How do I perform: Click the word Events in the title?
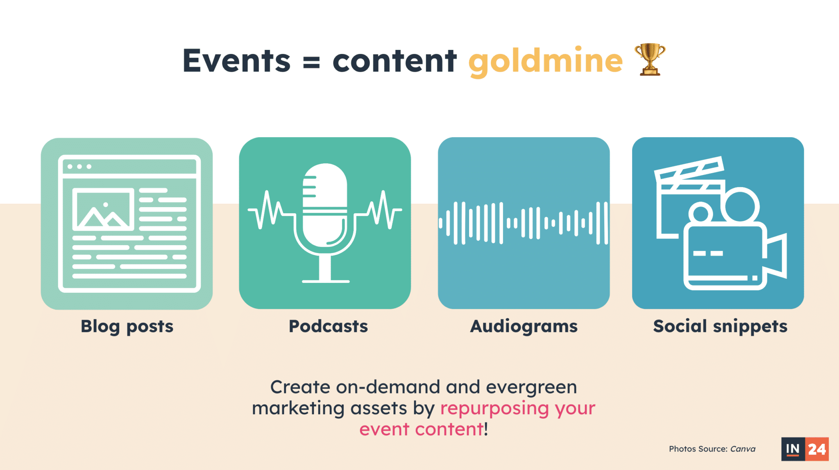pyautogui.click(x=236, y=61)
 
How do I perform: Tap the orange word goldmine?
pyautogui.click(x=545, y=61)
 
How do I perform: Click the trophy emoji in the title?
pyautogui.click(x=650, y=59)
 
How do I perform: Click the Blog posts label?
pyautogui.click(x=127, y=327)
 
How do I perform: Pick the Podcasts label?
pyautogui.click(x=328, y=326)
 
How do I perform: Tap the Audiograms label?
pyautogui.click(x=524, y=327)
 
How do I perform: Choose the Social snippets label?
pyautogui.click(x=720, y=327)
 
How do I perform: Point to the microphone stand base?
pyautogui.click(x=326, y=281)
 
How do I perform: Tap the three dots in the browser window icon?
pyautogui.click(x=79, y=167)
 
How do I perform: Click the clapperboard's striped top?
pyautogui.click(x=689, y=168)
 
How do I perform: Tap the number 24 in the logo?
pyautogui.click(x=817, y=449)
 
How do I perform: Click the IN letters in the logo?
pyautogui.click(x=793, y=449)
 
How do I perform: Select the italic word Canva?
pyautogui.click(x=743, y=449)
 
